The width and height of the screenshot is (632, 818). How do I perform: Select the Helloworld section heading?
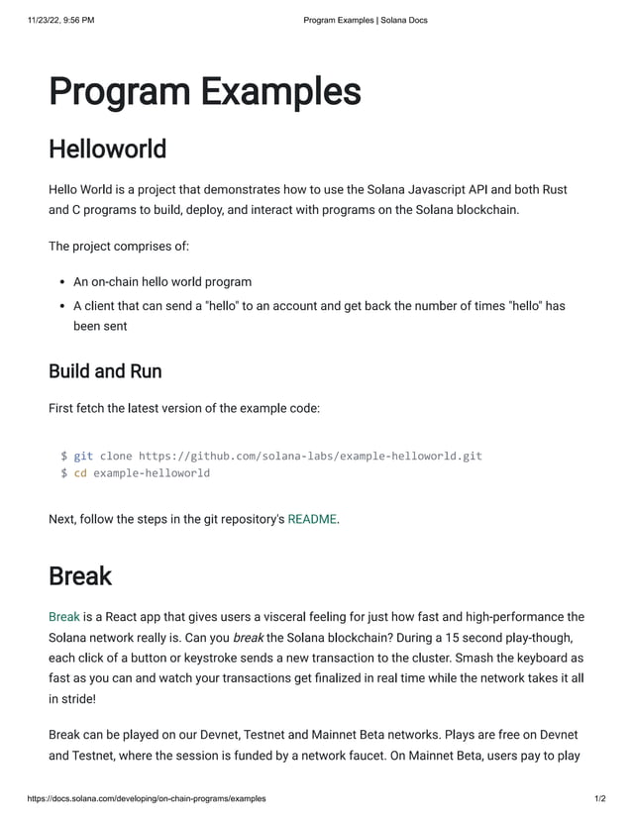[107, 150]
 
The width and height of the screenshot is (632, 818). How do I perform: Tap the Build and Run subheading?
[105, 371]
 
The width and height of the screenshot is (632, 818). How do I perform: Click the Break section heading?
[80, 575]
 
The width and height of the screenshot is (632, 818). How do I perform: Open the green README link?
[312, 518]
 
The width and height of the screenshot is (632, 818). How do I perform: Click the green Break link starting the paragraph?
[63, 617]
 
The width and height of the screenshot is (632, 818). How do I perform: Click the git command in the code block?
[83, 456]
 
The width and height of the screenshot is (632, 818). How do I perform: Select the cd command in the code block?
[80, 473]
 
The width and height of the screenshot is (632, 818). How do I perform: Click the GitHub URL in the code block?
[310, 456]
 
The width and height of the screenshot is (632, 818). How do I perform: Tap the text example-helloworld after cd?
[152, 473]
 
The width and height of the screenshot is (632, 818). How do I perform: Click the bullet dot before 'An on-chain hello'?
[61, 282]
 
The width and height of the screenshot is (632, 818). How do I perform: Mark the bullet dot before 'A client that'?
[61, 306]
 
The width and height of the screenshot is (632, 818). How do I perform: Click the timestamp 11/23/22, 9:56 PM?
[61, 20]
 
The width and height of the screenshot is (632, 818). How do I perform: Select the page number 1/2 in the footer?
[599, 798]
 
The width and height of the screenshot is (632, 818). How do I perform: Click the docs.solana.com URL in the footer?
[147, 798]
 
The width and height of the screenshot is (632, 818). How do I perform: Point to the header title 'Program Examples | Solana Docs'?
[366, 20]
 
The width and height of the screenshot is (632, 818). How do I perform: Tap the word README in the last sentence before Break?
[312, 518]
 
